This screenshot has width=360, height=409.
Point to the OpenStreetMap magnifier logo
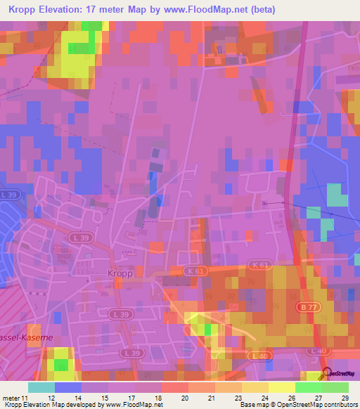tap(326, 374)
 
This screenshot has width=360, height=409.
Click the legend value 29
tap(344, 398)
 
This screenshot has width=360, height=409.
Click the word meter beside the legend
tap(9, 398)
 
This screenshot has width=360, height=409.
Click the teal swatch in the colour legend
tap(41, 387)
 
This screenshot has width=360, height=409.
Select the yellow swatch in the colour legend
tap(282, 387)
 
